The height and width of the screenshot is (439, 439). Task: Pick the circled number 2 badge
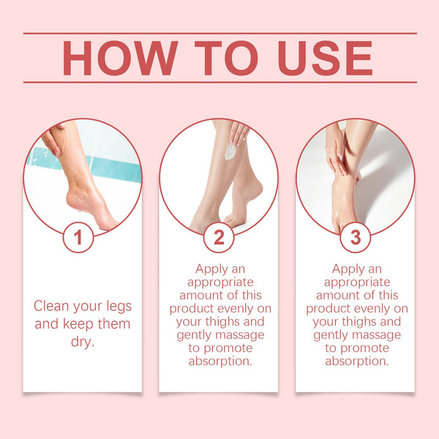click(x=219, y=238)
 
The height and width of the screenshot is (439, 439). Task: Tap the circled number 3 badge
click(x=356, y=238)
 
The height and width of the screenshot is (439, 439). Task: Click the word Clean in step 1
click(x=51, y=306)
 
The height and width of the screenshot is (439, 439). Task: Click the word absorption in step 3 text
click(x=356, y=361)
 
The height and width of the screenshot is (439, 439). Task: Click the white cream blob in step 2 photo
click(x=230, y=150)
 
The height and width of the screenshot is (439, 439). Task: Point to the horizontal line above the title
click(x=219, y=33)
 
